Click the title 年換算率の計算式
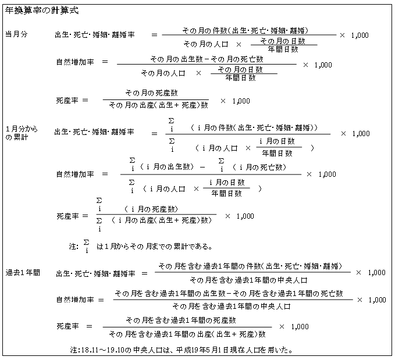click(42, 10)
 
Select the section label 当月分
click(16, 34)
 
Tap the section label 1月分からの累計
click(22, 133)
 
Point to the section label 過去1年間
click(23, 273)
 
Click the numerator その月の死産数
click(152, 93)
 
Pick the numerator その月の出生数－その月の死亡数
click(207, 59)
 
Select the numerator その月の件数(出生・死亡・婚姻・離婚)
click(245, 30)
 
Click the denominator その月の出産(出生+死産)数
click(159, 105)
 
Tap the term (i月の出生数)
click(167, 167)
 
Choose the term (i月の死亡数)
click(259, 167)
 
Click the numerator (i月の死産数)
click(151, 209)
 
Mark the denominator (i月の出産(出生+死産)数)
click(162, 220)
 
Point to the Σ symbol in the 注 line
click(87, 243)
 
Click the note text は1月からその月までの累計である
click(154, 246)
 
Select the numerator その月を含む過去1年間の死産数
click(181, 320)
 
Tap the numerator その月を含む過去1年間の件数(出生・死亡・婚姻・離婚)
click(250, 266)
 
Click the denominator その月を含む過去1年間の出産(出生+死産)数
click(187, 334)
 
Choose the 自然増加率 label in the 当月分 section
click(75, 62)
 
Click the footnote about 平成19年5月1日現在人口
click(182, 350)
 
